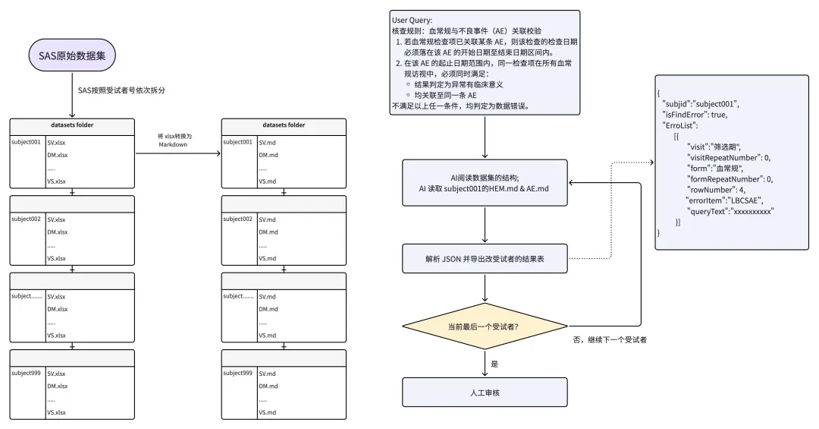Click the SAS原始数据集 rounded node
point(72,55)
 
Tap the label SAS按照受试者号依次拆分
point(121,90)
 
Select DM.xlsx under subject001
point(58,155)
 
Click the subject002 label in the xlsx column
point(26,219)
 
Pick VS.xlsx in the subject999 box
point(56,412)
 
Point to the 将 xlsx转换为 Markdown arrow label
point(174,140)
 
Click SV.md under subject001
point(268,142)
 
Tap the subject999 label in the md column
point(237,373)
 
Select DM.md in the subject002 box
point(268,232)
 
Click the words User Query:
point(412,21)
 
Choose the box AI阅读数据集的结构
point(485,182)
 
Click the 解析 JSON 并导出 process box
point(485,258)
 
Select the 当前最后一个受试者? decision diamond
point(485,326)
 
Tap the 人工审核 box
point(485,393)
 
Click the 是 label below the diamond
point(494,364)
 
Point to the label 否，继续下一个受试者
point(610,340)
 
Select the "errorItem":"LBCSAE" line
point(724,200)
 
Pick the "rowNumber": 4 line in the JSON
point(716,190)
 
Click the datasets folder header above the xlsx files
point(72,125)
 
